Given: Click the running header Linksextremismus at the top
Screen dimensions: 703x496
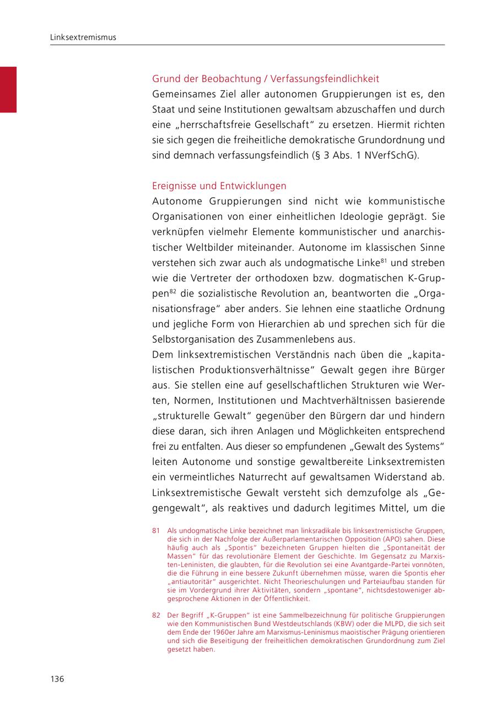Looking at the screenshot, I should (83, 37).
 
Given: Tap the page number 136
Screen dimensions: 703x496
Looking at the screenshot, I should (57, 679).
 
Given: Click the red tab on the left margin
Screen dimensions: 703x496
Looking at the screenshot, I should (8, 89).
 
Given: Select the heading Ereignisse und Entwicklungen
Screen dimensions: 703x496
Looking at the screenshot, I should (219, 186).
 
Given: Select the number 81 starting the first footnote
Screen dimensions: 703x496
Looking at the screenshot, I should (156, 530).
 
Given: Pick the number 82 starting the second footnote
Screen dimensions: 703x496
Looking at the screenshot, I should (156, 615).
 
